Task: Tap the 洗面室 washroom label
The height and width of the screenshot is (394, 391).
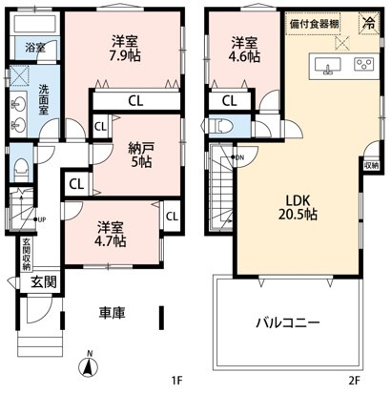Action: click(44, 98)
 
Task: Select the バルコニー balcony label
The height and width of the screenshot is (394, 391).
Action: click(287, 322)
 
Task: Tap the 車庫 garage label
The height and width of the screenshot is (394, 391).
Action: click(113, 312)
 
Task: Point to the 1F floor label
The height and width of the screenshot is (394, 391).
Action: click(176, 379)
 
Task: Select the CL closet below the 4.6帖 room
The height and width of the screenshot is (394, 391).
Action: click(229, 100)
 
